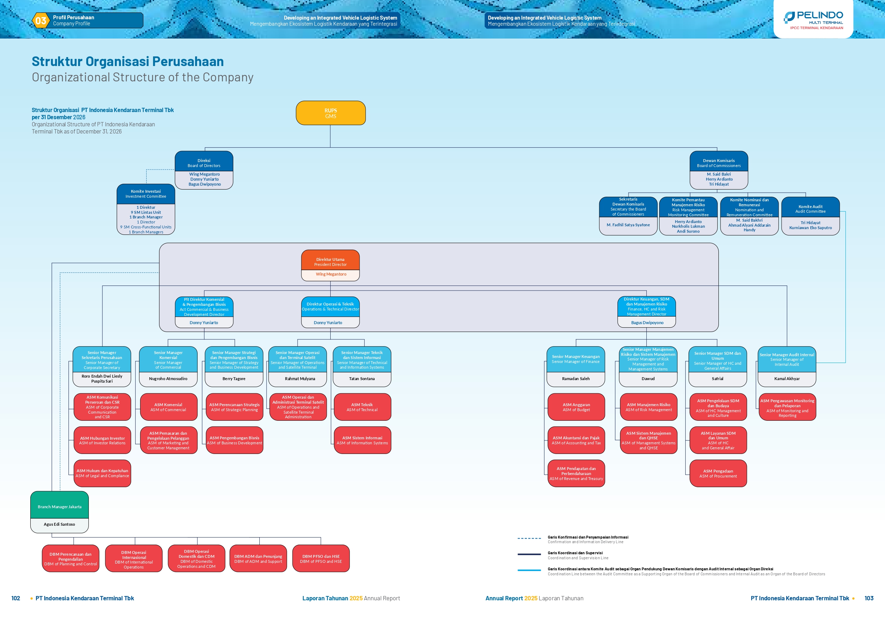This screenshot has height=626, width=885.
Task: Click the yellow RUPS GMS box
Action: [331, 113]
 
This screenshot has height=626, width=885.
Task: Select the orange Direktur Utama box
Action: [330, 266]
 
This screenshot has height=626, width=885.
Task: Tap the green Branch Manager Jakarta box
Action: [59, 512]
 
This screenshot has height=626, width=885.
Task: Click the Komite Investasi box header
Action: [146, 194]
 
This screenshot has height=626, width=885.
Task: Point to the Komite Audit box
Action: [810, 216]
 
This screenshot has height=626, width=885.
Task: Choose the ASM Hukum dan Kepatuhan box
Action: [102, 473]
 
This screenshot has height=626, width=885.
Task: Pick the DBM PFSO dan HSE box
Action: [321, 559]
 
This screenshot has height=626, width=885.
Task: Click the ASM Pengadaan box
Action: [718, 473]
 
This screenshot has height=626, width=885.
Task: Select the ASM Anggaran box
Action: [576, 407]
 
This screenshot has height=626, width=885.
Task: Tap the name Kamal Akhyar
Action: [787, 379]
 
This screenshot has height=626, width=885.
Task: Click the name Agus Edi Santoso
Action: [59, 524]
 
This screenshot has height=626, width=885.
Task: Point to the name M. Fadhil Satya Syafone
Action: [628, 225]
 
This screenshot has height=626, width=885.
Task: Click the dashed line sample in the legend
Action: [529, 538]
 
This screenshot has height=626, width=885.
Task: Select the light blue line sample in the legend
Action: [529, 570]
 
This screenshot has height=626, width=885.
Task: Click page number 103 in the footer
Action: [869, 598]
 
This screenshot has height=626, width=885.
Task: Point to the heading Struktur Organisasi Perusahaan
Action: [128, 61]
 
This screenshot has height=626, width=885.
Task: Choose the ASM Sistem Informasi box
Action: [362, 440]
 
